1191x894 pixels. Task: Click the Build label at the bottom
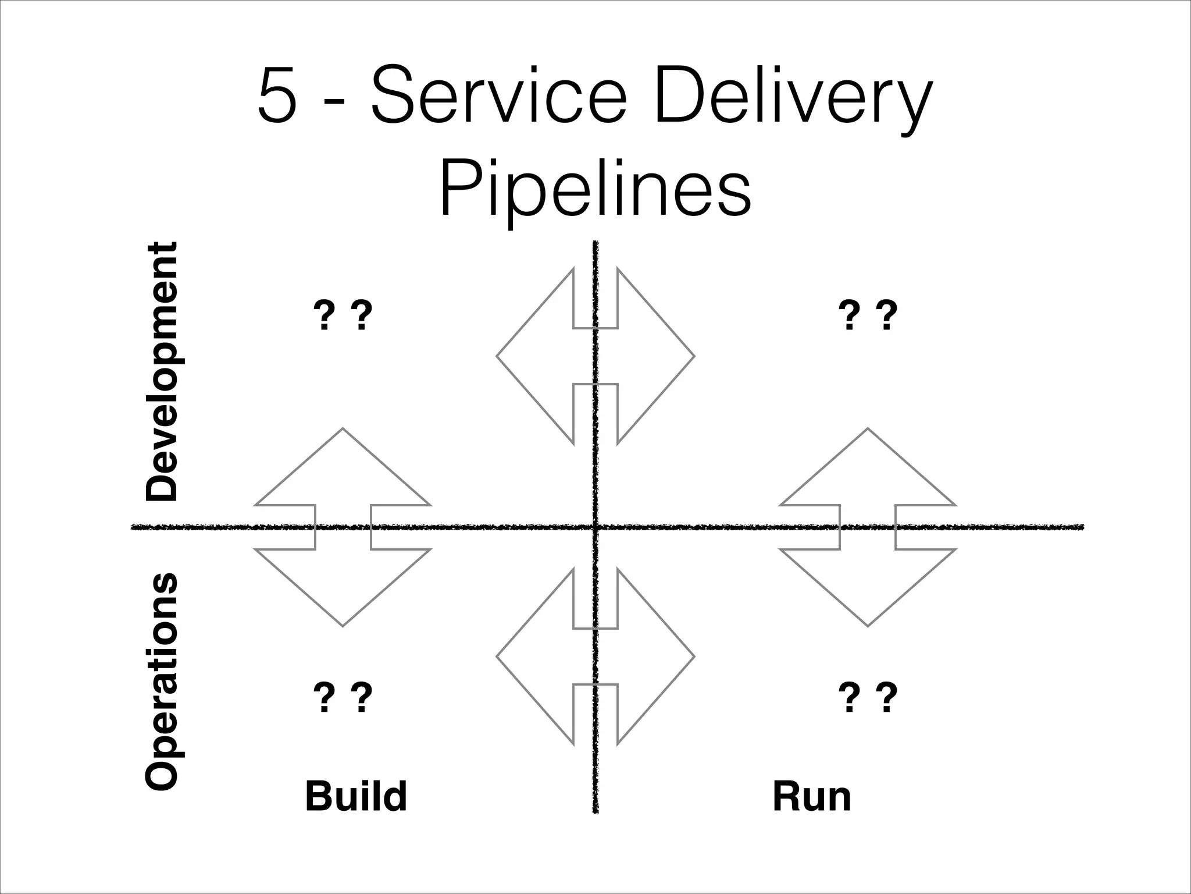356,796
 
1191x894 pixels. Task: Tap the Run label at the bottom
812,796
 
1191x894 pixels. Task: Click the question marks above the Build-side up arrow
343,315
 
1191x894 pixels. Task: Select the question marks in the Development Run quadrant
868,315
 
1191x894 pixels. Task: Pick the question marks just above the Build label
343,698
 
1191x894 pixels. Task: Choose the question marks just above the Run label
868,698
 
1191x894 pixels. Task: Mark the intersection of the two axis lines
595,527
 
